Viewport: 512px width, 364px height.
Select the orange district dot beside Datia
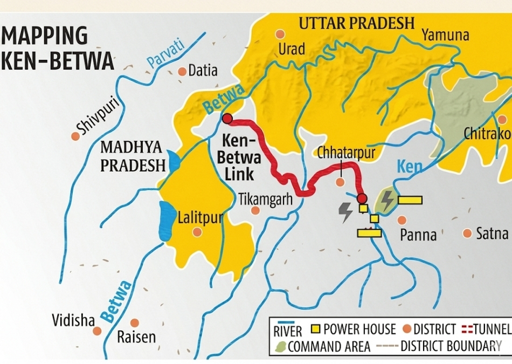[x=182, y=71]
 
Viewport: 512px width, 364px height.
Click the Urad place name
[x=292, y=50]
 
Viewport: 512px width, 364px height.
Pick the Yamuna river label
[x=445, y=36]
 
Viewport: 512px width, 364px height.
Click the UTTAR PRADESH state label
[x=356, y=23]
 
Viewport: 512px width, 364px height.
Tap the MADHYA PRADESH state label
[x=133, y=156]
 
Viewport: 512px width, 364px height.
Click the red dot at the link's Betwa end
[x=227, y=119]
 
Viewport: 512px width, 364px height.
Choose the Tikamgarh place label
[x=265, y=200]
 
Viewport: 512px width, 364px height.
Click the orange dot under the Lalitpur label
[x=197, y=232]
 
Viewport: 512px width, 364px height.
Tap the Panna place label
[x=418, y=235]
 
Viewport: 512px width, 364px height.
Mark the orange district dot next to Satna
[x=467, y=233]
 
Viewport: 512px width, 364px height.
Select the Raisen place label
[x=136, y=338]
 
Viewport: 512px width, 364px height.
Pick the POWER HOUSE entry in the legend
[x=354, y=329]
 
